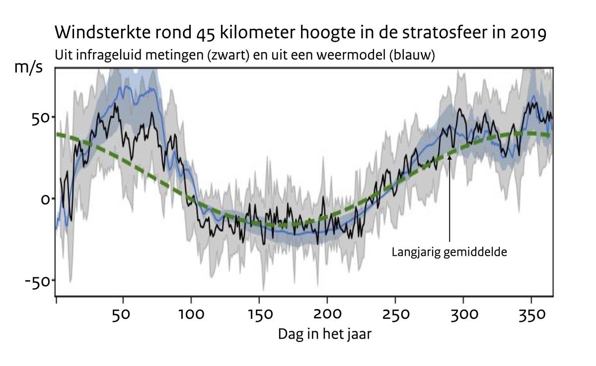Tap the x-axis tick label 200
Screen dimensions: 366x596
[x=327, y=315]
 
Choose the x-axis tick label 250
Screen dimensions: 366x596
[x=395, y=315]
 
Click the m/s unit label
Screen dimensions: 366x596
[x=28, y=68]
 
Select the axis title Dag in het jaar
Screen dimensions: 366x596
[x=324, y=334]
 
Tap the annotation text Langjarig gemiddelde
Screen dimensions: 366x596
[x=449, y=252]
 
